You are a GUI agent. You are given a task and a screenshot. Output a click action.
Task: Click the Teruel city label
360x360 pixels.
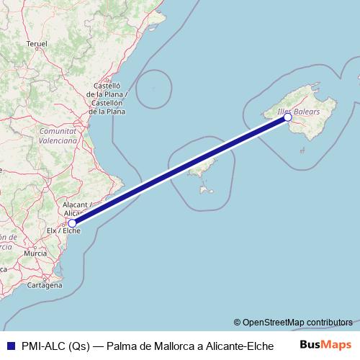37,44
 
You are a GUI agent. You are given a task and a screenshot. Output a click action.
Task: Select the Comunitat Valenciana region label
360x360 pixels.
58,136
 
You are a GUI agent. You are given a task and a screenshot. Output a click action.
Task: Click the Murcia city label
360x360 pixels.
35,253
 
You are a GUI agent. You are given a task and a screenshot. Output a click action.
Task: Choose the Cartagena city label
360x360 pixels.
44,285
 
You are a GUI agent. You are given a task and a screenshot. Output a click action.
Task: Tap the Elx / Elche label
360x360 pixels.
63,231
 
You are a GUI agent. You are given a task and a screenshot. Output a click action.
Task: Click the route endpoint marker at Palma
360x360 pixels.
288,117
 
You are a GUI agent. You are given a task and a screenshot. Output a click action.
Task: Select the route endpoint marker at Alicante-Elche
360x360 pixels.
72,223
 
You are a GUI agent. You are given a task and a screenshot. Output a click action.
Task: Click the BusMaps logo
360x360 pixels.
325,344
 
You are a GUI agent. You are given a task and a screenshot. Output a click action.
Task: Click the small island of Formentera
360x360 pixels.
207,191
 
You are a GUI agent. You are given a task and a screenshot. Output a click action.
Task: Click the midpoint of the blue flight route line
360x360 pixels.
180,171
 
